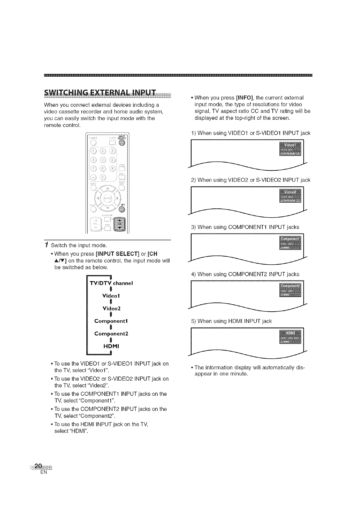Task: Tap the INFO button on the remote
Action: click(122, 209)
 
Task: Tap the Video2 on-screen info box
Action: click(290, 196)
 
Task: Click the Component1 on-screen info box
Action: click(290, 243)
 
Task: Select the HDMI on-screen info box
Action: click(290, 337)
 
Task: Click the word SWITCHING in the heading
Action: click(66, 92)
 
